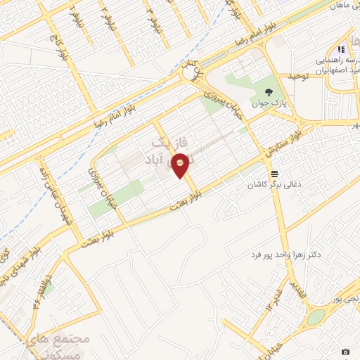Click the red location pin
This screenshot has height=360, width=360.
coord(181,165)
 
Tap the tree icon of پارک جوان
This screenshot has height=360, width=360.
coord(268,91)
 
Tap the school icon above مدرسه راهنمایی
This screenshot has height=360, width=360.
coord(340,49)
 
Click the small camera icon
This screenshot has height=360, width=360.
coord(345,351)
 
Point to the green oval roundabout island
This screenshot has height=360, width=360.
coord(316,316)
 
